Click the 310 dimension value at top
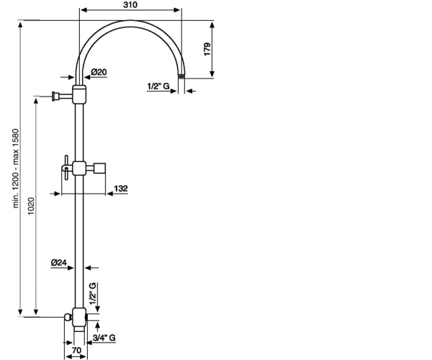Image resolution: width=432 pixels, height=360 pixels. point(130,5)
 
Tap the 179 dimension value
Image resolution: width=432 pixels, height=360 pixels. point(207,49)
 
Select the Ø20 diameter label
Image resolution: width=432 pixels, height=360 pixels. point(99,72)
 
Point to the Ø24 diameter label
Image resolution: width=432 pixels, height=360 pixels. point(59,263)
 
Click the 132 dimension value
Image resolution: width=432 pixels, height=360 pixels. point(121,189)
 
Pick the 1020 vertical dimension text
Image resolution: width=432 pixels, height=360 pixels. point(31,206)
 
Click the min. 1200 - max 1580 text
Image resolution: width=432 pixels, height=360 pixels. point(16,168)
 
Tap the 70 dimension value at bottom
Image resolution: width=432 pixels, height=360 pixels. point(76,350)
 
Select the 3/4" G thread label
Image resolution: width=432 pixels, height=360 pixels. point(104,338)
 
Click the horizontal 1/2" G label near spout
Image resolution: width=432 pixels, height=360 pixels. point(158,86)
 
